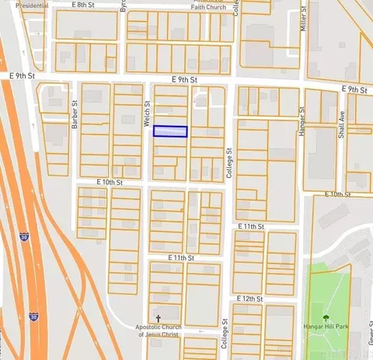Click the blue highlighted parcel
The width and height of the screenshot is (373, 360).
point(170,131)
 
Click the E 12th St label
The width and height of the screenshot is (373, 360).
point(248,299)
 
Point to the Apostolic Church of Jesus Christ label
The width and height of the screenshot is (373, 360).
point(158,330)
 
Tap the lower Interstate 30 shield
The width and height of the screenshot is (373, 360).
point(33,317)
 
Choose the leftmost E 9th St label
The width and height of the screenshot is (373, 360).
point(23,76)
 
